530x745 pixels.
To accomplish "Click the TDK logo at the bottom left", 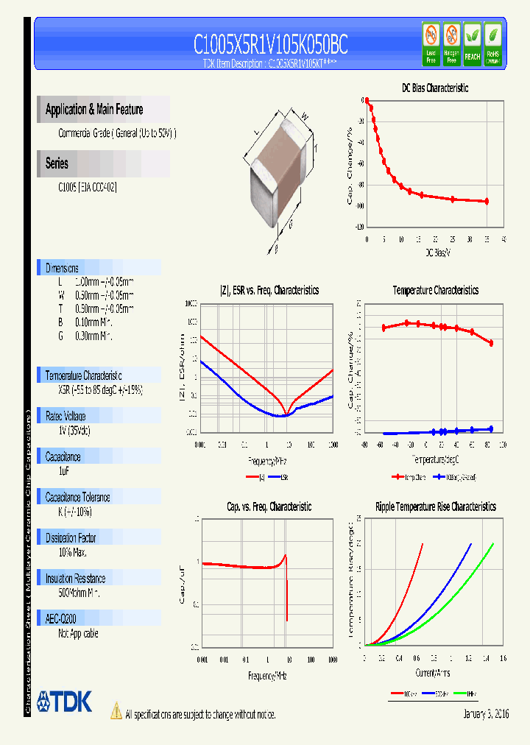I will (x=65, y=702).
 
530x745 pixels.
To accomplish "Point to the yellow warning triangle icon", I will (x=116, y=711).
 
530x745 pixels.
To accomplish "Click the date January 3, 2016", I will (x=486, y=714).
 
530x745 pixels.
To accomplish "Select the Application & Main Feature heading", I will (x=94, y=110).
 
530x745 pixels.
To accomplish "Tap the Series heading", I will (x=57, y=163).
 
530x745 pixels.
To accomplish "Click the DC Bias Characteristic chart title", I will (x=434, y=88).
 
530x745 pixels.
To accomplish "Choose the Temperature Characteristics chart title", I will (x=435, y=290).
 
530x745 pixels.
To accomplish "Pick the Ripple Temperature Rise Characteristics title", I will (x=435, y=506).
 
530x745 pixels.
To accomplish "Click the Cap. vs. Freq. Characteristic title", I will (x=269, y=506).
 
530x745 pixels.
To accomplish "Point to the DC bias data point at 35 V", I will (x=487, y=201).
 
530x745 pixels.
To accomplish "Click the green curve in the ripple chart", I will (x=464, y=589).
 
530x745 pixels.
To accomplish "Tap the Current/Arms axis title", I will (x=434, y=672).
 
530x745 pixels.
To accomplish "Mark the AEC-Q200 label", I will (x=60, y=619).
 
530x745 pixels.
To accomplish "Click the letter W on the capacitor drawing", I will (x=303, y=115).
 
